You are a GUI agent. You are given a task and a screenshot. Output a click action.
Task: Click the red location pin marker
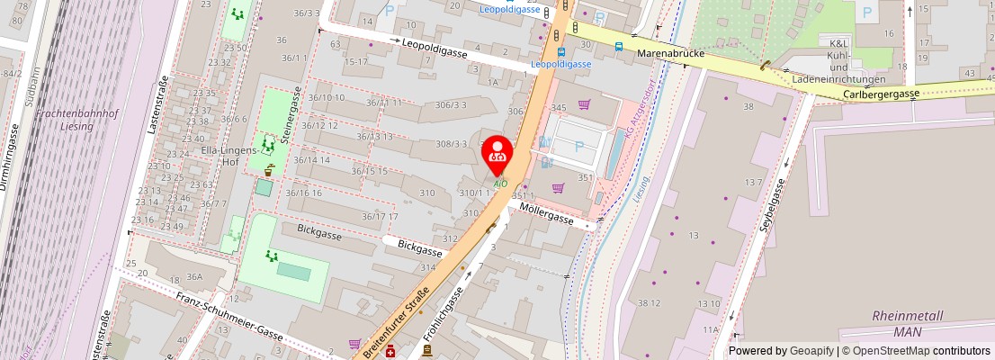[497, 155]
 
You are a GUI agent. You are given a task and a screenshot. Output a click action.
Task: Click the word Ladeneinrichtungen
[838, 79]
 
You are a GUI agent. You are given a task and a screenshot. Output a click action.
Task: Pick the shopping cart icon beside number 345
[585, 105]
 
